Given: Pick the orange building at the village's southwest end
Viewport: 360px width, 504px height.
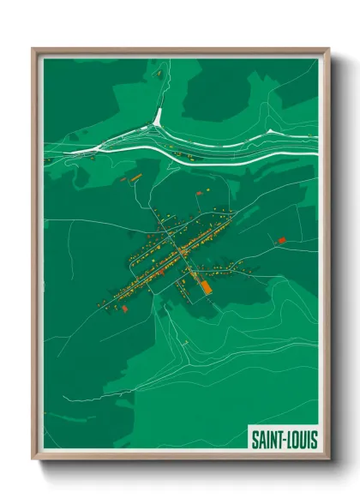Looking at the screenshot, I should point(124,307).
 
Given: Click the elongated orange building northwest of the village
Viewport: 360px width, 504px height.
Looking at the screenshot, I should point(135,177).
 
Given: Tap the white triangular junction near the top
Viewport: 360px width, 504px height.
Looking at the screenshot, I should point(158,119).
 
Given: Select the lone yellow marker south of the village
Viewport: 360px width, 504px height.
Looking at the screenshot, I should point(184,343).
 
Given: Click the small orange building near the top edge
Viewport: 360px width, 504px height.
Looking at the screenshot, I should point(158,75).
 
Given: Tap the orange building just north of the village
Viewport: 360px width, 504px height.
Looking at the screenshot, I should point(206,186).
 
